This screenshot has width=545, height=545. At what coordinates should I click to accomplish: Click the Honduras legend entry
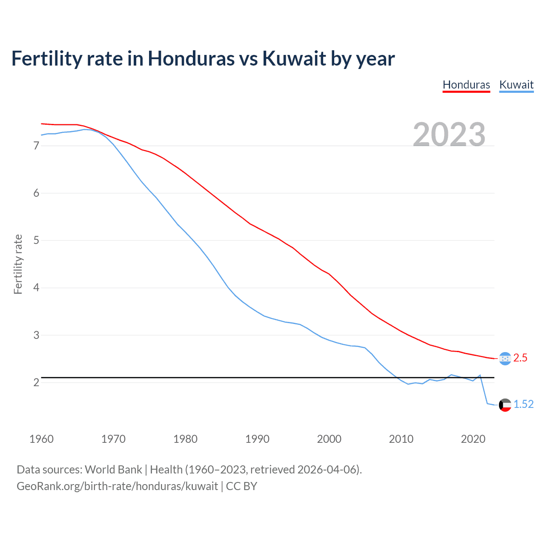click(x=466, y=85)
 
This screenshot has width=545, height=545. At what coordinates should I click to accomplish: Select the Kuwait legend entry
click(x=516, y=85)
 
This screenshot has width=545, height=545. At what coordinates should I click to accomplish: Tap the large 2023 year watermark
click(x=449, y=135)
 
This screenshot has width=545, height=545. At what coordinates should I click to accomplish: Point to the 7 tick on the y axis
click(x=36, y=146)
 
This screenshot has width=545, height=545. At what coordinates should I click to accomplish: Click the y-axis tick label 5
click(x=36, y=241)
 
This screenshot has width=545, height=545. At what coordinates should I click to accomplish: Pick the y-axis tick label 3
click(x=36, y=335)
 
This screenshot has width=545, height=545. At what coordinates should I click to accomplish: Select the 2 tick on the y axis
click(x=36, y=382)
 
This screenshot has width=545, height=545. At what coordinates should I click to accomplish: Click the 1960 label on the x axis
click(x=41, y=439)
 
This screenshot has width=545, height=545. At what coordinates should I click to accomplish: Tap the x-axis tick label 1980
click(x=185, y=439)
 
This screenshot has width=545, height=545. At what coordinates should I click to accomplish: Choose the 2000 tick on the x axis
click(x=329, y=439)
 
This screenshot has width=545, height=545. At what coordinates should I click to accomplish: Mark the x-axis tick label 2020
click(x=473, y=439)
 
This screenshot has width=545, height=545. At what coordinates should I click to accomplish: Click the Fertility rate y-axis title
click(x=18, y=264)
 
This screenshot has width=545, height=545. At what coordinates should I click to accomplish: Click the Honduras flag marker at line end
click(x=505, y=359)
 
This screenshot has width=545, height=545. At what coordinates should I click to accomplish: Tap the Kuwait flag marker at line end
click(x=505, y=405)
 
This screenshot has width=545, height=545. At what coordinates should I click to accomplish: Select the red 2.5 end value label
click(x=520, y=358)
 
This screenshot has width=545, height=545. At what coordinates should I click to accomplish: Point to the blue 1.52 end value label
click(x=524, y=404)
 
